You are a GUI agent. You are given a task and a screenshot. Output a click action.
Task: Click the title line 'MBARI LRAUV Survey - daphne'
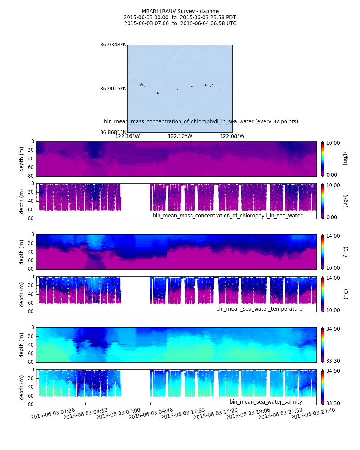(180, 11)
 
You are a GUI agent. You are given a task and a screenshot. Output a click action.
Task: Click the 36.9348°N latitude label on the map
(113, 45)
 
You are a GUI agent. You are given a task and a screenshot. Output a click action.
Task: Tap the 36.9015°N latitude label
(113, 88)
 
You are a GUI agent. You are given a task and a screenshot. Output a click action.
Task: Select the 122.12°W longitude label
(180, 136)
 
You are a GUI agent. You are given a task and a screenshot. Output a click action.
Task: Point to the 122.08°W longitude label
(232, 136)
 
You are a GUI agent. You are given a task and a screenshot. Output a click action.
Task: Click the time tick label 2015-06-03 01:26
(53, 414)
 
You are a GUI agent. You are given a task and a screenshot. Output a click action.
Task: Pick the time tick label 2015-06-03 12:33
(183, 414)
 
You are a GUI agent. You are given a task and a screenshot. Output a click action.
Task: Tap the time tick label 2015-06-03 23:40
(313, 414)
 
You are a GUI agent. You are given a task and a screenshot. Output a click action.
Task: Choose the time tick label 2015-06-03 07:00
(118, 414)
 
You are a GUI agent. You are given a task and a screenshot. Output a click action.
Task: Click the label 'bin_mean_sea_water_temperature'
(259, 309)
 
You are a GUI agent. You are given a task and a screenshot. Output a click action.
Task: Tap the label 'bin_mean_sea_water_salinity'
(266, 402)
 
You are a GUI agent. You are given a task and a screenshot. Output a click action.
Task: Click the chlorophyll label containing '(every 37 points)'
(201, 121)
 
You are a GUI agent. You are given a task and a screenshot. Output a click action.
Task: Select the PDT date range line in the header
(180, 17)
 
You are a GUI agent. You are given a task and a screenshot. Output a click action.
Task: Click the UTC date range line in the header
(180, 23)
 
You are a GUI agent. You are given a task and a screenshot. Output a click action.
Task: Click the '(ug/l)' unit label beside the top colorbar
(345, 158)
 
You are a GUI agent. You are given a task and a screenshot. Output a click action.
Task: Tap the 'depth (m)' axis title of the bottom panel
(22, 387)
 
